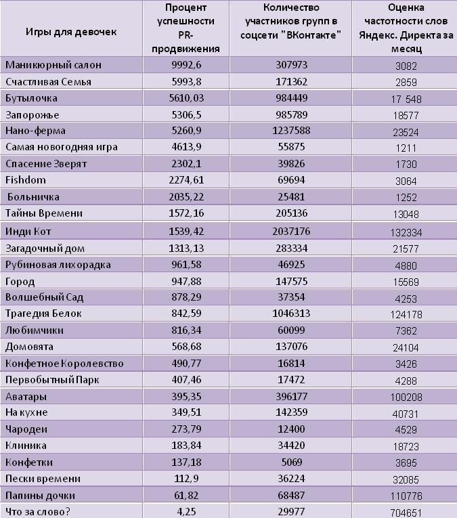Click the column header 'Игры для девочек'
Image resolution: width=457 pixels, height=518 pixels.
coord(71,32)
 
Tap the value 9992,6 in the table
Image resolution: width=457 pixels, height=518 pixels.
coord(186,65)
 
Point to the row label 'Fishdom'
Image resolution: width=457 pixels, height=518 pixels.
coord(26,180)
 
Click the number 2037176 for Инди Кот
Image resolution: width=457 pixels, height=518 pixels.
coord(291,232)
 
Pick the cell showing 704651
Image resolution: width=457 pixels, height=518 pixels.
coord(406,513)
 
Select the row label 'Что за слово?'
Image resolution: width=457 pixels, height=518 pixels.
coord(38,512)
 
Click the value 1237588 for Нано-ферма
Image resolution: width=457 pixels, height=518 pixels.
coord(291,131)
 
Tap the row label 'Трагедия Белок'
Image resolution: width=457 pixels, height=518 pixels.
coord(43,314)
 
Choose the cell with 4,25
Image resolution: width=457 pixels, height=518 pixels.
coord(186,512)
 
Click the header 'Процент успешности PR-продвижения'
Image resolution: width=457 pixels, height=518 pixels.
coord(186,28)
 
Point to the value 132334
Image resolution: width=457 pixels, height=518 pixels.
coord(406,232)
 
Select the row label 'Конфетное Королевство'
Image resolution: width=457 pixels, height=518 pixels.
coord(64,364)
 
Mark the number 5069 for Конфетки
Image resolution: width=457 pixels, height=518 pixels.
coord(292,462)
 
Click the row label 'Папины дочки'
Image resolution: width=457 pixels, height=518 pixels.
coord(41,496)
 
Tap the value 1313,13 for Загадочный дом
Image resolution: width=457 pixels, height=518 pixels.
coord(186,248)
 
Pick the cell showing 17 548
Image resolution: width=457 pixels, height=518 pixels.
coord(406,99)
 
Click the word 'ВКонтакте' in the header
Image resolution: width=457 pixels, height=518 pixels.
coord(313,35)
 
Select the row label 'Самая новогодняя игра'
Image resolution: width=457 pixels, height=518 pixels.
coord(62,147)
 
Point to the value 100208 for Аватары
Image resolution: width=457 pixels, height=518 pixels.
coord(406,397)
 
